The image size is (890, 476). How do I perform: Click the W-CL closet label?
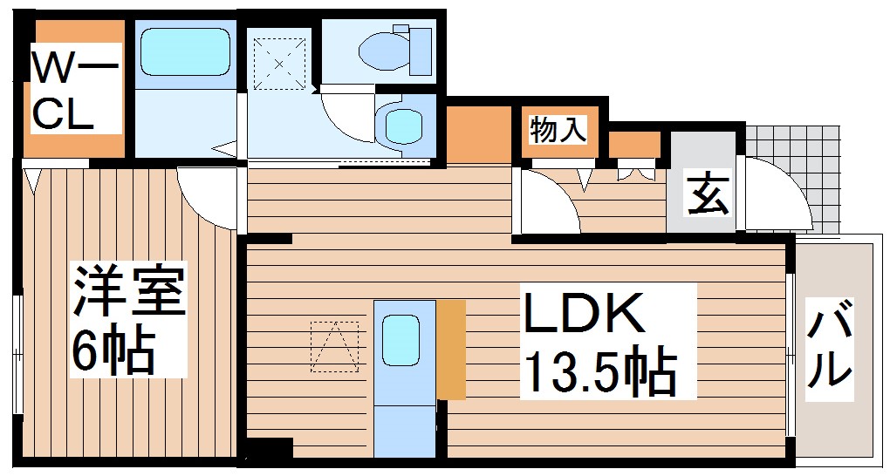73,89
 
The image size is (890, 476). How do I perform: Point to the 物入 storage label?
558,130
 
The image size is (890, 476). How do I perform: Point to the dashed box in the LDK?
334,346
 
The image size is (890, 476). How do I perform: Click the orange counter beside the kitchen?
451,349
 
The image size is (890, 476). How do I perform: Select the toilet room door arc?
345,113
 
